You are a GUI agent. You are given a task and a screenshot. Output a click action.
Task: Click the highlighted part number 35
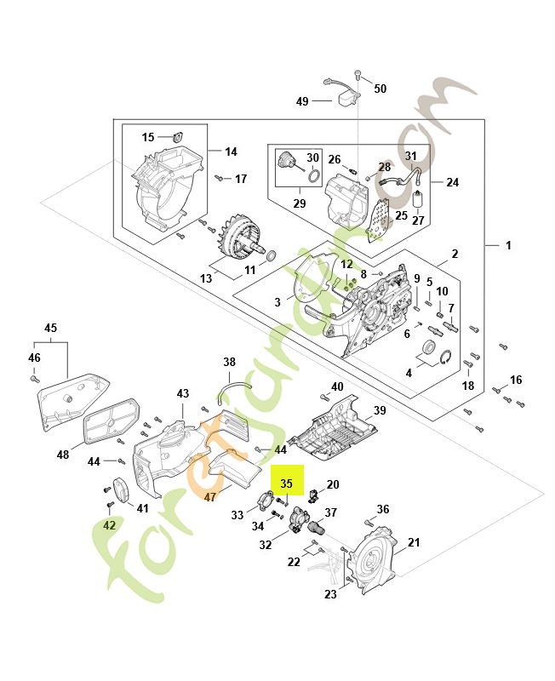point(287,483)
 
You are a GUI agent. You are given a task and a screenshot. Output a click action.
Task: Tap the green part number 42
point(109,526)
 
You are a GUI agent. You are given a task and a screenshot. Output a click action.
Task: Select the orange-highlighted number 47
point(211,497)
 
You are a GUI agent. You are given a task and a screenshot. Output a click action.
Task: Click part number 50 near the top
point(380,89)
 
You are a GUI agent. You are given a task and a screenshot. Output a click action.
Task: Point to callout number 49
point(302,101)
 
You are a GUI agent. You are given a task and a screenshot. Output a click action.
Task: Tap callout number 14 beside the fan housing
point(231,152)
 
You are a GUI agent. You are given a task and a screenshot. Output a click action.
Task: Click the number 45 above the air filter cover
point(51,328)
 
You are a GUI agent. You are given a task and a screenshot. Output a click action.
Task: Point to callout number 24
point(452,182)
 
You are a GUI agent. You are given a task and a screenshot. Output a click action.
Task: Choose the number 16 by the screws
point(516,380)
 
